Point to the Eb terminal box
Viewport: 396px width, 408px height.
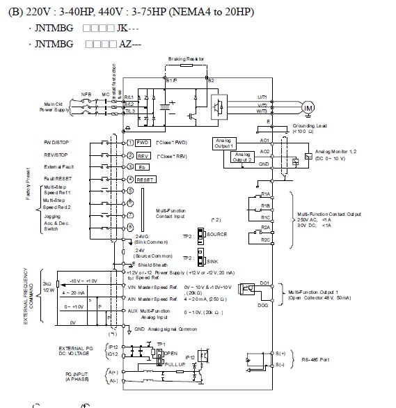(142, 167)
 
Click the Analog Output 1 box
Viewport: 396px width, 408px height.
(224, 143)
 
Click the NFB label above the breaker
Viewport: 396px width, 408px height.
(86, 93)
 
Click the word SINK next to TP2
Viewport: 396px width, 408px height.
(214, 260)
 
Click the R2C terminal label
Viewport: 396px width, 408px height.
(265, 240)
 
